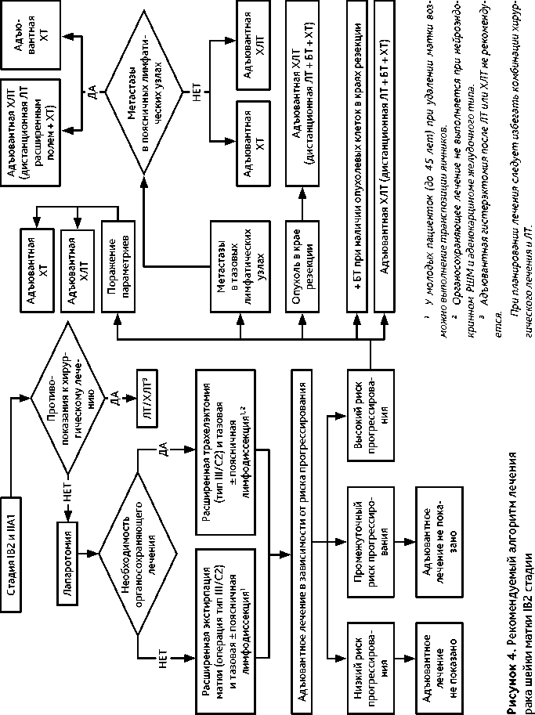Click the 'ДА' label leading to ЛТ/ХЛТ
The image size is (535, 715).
[x=114, y=399]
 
